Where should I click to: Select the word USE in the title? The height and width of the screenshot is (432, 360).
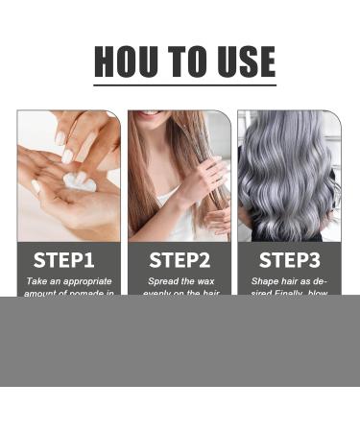click(246, 61)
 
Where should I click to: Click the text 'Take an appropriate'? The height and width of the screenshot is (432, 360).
click(68, 281)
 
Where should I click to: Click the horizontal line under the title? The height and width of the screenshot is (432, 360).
click(184, 85)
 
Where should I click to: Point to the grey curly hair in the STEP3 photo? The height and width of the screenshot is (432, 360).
click(288, 173)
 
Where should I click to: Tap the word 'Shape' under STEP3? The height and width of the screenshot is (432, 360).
click(265, 281)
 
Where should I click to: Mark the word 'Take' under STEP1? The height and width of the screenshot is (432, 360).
click(36, 281)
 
